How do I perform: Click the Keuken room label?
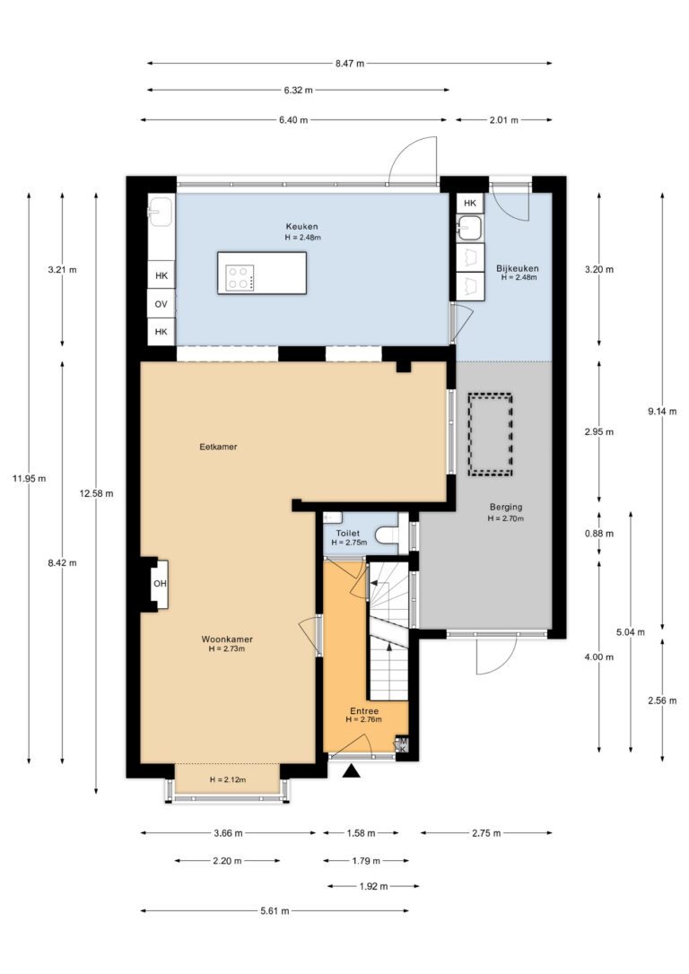tap(302, 226)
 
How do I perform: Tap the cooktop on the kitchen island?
tap(240, 278)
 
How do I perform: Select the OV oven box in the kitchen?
tap(161, 304)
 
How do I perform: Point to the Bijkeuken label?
tap(517, 268)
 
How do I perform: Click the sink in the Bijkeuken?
tap(470, 228)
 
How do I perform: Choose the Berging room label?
tap(506, 507)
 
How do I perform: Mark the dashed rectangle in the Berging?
tap(490, 434)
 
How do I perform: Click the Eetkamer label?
tap(218, 447)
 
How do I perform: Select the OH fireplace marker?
tap(161, 583)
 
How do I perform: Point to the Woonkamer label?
tap(227, 639)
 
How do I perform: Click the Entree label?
tap(364, 711)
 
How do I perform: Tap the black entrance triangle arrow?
tap(353, 771)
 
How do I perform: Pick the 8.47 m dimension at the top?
tap(350, 63)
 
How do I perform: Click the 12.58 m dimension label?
tap(96, 494)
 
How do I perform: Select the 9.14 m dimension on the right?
tap(662, 412)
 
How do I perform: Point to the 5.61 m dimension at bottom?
tap(275, 911)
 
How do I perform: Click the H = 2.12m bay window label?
tap(227, 779)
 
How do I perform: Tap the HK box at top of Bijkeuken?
tap(470, 203)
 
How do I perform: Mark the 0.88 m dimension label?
tap(599, 534)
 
